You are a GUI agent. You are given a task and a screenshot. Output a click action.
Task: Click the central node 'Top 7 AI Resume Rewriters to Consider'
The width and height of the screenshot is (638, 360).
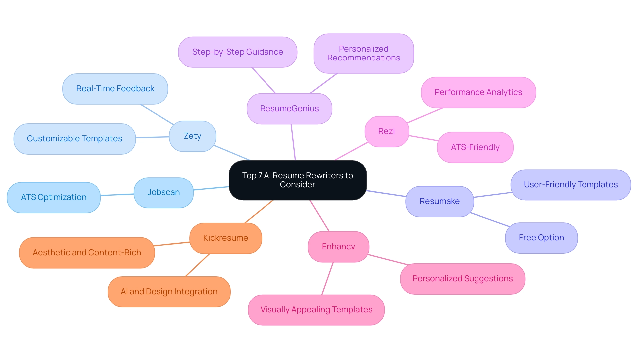(x=297, y=180)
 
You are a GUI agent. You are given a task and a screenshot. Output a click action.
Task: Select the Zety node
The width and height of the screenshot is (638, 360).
(x=192, y=136)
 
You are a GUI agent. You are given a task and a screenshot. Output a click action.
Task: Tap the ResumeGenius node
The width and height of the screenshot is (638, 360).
(x=289, y=109)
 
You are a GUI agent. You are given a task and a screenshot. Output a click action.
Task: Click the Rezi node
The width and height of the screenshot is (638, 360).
(x=386, y=131)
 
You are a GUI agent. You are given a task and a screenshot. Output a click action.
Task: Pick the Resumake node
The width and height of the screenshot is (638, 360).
(x=439, y=201)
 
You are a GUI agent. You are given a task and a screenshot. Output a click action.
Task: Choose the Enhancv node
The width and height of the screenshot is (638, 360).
(x=338, y=247)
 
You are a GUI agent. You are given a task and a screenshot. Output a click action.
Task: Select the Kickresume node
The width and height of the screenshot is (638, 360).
(x=225, y=238)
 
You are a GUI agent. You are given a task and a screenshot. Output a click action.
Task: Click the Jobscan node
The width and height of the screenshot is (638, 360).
(x=163, y=192)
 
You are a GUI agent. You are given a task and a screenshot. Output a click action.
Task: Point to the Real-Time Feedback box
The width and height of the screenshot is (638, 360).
(x=115, y=89)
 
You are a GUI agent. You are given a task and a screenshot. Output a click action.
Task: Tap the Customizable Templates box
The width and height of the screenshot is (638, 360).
(x=74, y=139)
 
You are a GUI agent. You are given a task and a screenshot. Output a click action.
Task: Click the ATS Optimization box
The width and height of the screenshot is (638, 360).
(x=53, y=197)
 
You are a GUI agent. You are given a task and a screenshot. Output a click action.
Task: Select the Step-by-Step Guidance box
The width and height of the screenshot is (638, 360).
(x=238, y=52)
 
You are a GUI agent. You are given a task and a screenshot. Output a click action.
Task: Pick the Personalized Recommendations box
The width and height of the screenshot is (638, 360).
(x=364, y=53)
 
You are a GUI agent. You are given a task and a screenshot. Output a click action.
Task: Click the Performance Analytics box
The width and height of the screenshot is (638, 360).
(x=478, y=92)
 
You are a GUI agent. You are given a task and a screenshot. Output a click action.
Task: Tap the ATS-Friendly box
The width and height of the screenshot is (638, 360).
(x=475, y=147)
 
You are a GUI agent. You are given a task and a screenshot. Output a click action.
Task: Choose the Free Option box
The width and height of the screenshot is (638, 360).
(x=541, y=238)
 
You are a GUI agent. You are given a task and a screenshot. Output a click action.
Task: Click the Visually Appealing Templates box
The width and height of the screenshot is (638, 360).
(x=316, y=310)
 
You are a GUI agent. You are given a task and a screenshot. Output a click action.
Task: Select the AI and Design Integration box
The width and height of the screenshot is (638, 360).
(x=169, y=292)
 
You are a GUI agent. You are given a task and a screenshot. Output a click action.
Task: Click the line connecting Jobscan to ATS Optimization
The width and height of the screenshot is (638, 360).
(x=117, y=195)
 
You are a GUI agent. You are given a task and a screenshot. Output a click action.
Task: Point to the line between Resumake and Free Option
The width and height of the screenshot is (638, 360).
(x=490, y=220)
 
